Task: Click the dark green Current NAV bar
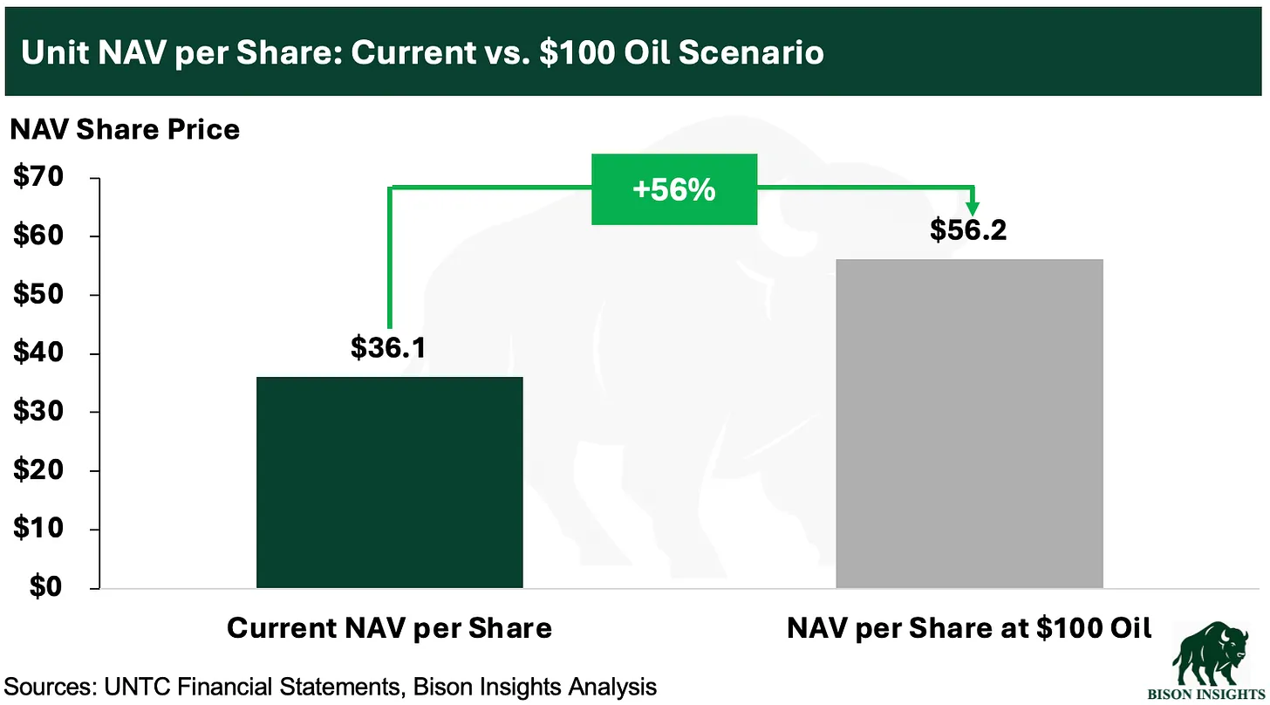click(390, 483)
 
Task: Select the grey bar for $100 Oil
click(970, 424)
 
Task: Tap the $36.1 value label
click(388, 347)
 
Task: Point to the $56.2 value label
click(968, 229)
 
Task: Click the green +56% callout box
click(674, 189)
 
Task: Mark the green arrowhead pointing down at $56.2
click(973, 208)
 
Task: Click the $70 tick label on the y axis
click(38, 176)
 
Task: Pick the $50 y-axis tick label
click(38, 294)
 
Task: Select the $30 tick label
click(38, 411)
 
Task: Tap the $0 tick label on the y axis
click(46, 586)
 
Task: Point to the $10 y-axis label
click(38, 528)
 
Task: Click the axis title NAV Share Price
click(125, 130)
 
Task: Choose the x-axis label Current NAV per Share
click(390, 628)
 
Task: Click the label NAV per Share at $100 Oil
click(969, 628)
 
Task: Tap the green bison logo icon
click(1211, 653)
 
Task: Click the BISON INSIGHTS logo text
click(1206, 695)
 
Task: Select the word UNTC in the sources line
click(137, 687)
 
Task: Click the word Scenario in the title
click(751, 52)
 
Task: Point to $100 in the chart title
click(577, 52)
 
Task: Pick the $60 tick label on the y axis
click(38, 235)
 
